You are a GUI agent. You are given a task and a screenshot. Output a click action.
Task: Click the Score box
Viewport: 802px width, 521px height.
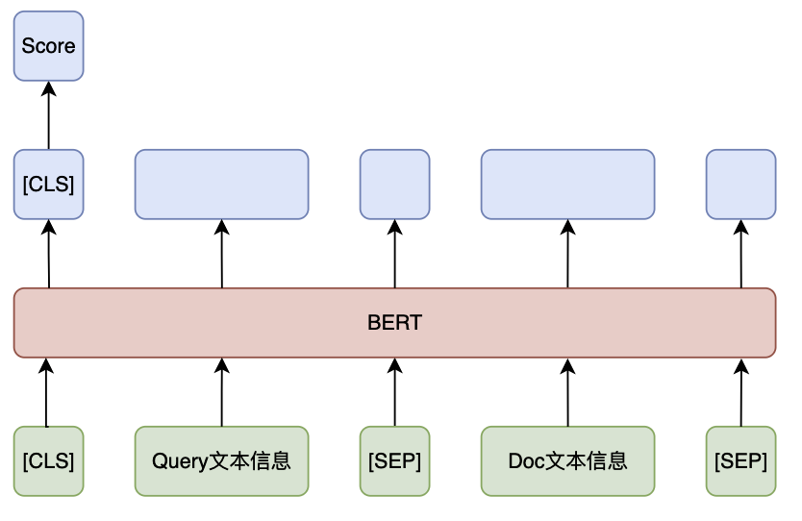[49, 46]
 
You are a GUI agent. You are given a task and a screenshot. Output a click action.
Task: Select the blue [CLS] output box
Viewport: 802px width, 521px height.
[49, 185]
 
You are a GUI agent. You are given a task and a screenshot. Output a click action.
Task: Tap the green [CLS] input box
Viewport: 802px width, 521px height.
[49, 461]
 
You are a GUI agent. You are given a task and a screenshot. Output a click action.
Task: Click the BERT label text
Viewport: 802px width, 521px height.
[395, 323]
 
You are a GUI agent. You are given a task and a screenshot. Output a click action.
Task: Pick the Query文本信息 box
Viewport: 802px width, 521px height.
[221, 461]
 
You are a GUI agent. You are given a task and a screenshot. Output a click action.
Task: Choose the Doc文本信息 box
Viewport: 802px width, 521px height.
[567, 461]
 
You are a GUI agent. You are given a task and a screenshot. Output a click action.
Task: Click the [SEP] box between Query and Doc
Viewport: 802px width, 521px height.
[395, 461]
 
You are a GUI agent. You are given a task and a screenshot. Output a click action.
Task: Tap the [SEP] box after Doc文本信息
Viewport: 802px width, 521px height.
[741, 461]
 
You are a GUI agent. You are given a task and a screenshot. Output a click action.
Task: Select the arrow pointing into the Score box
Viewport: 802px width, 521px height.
[49, 115]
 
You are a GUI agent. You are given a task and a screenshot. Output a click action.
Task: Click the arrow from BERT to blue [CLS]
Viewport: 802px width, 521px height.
[49, 254]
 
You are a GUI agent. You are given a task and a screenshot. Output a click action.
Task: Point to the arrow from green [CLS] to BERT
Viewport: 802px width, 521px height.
[46, 392]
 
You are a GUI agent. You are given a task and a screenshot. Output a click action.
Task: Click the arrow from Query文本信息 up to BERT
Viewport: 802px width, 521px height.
[221, 392]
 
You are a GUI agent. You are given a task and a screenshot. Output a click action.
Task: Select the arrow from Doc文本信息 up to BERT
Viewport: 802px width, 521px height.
[567, 392]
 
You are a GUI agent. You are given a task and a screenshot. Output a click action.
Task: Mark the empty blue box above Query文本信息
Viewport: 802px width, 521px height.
[221, 185]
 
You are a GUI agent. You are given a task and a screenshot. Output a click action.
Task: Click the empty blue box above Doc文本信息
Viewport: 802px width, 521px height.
[567, 185]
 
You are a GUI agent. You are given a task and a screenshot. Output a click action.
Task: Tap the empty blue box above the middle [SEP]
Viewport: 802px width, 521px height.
[395, 185]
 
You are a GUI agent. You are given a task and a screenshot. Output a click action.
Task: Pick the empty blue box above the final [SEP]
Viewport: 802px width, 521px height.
[741, 185]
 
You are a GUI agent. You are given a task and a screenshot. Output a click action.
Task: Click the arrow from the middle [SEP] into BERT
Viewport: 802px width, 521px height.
[395, 392]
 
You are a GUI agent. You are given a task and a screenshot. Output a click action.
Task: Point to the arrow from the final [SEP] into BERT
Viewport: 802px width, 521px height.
[741, 392]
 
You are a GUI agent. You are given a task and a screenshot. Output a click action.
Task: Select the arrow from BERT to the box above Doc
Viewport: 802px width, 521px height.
[567, 254]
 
